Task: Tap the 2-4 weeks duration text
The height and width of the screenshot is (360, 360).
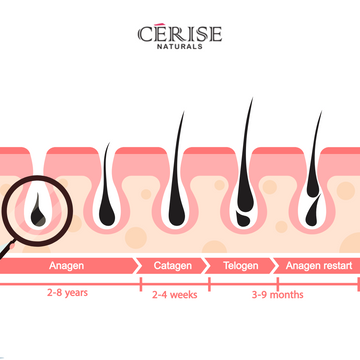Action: pos(173,296)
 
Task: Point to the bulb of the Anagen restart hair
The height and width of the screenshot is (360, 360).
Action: pos(313,208)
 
